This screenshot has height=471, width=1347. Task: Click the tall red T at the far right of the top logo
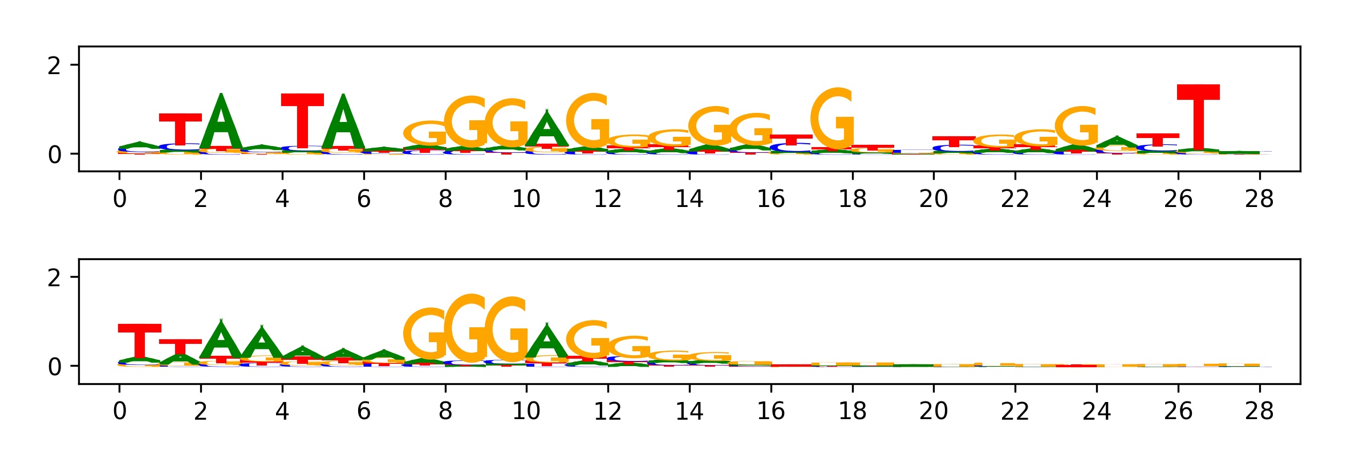[x=1198, y=117]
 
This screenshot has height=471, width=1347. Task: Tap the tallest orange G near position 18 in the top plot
[x=833, y=119]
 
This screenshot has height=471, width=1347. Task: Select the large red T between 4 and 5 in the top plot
[x=302, y=120]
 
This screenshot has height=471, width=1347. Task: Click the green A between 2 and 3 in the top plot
[x=221, y=123]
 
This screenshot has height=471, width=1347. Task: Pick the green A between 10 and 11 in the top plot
[x=547, y=130]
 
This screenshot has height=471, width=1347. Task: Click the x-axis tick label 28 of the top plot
[x=1259, y=199]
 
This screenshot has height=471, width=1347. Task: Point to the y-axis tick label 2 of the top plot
[x=54, y=66]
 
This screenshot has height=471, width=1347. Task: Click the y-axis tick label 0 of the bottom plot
[x=54, y=367]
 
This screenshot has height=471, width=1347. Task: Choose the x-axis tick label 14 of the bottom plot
[x=689, y=411]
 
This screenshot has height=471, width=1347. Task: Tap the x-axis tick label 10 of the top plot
[x=526, y=199]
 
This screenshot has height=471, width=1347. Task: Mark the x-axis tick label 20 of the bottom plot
[x=934, y=411]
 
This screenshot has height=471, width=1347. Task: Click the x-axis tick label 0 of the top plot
[x=119, y=199]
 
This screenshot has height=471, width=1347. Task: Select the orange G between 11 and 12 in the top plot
[x=588, y=121]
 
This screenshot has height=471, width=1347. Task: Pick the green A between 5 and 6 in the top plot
[x=343, y=123]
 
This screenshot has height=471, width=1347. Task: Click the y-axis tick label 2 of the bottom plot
[x=54, y=278]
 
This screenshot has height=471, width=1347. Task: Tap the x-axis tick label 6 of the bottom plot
[x=364, y=411]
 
